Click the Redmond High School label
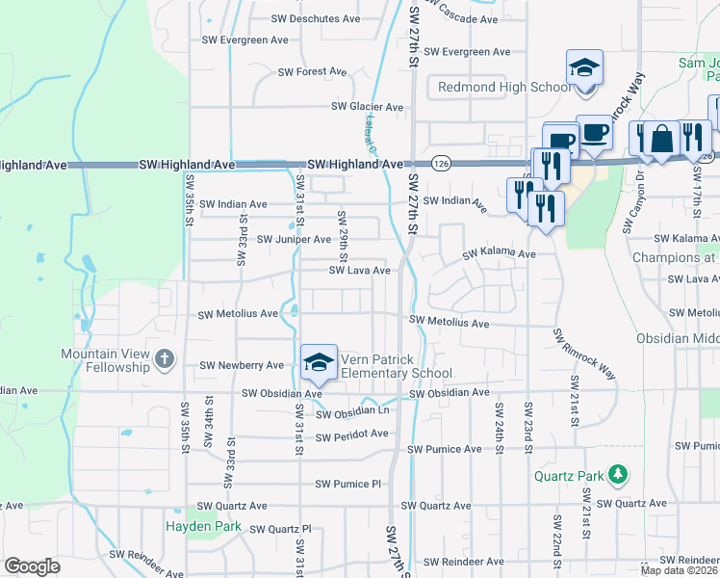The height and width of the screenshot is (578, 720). point(504,88)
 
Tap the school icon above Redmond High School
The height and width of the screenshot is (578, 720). point(584,68)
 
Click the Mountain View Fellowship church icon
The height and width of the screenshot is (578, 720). point(165,360)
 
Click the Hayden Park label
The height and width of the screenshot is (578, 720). point(201,527)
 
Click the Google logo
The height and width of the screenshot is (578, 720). point(32,566)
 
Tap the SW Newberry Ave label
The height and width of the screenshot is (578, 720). point(242,366)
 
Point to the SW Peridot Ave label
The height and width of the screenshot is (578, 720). point(351,434)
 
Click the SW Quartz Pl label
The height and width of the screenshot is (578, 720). point(281,529)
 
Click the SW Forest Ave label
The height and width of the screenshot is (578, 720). point(312,71)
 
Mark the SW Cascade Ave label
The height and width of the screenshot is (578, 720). point(462,17)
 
